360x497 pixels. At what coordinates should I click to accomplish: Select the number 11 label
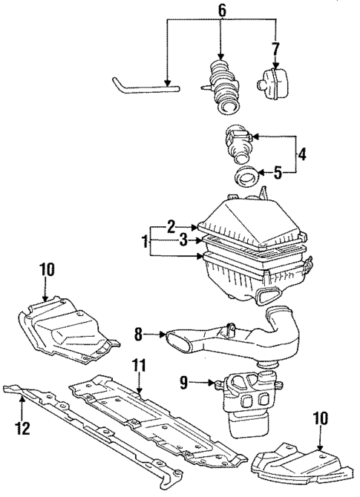click(x=138, y=365)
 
